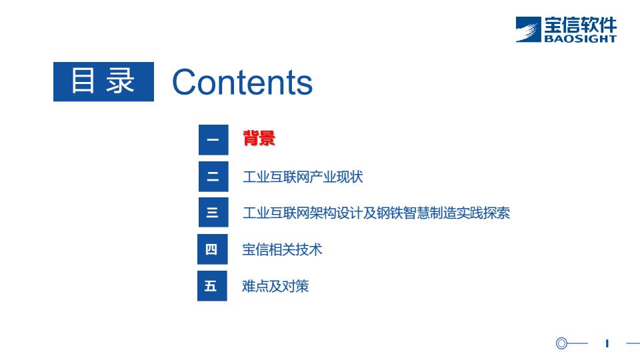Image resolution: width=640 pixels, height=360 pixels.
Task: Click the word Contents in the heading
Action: click(243, 82)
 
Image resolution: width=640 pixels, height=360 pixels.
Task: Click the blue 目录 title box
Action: click(104, 81)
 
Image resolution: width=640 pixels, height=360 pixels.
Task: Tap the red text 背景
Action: click(259, 138)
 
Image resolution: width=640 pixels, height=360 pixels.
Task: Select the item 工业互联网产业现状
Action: click(303, 177)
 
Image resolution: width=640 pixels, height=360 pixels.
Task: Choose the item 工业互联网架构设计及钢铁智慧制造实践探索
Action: click(376, 213)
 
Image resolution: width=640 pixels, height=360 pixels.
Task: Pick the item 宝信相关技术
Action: click(282, 249)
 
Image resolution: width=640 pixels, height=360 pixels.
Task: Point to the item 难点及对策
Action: click(275, 286)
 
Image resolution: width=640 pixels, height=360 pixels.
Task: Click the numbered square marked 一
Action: click(213, 140)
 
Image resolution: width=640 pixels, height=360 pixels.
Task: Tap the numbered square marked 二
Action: click(213, 176)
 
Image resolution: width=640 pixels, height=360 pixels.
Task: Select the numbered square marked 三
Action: click(213, 212)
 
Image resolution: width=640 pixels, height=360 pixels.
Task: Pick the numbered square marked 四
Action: click(212, 249)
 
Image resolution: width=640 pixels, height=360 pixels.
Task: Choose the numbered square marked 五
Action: click(212, 286)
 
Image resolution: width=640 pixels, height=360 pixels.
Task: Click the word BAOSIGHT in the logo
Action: click(580, 39)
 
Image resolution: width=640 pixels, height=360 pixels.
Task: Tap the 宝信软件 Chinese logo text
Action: click(581, 25)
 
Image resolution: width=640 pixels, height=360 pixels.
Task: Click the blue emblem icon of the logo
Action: click(528, 29)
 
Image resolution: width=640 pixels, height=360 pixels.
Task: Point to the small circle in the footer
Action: click(561, 343)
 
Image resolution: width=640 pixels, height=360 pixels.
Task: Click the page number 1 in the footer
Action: click(607, 344)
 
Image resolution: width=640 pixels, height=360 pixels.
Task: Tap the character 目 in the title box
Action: click(83, 81)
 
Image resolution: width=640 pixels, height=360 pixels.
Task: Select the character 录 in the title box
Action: click(121, 81)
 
